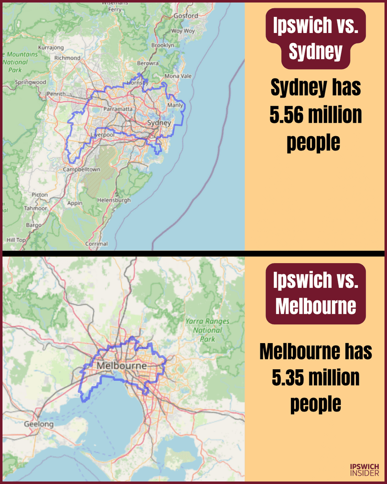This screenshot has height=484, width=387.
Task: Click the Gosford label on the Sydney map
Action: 185,16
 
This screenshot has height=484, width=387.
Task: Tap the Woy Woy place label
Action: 183,31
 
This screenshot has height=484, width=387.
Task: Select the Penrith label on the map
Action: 56,94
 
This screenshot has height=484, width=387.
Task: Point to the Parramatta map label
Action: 118,109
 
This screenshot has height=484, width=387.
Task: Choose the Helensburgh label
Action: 113,200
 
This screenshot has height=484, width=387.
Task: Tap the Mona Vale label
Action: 178,76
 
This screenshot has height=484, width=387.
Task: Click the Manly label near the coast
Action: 175,105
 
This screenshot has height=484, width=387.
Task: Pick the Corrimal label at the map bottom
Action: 97,244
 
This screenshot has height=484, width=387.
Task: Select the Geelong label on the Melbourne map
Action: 39,424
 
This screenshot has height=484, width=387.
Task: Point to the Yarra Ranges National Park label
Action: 207,330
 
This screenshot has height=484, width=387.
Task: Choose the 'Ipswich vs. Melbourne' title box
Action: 315,293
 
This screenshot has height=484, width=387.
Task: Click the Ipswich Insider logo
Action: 365,469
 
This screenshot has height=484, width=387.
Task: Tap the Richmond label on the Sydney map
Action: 67,58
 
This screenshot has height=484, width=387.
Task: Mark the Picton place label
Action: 40,194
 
